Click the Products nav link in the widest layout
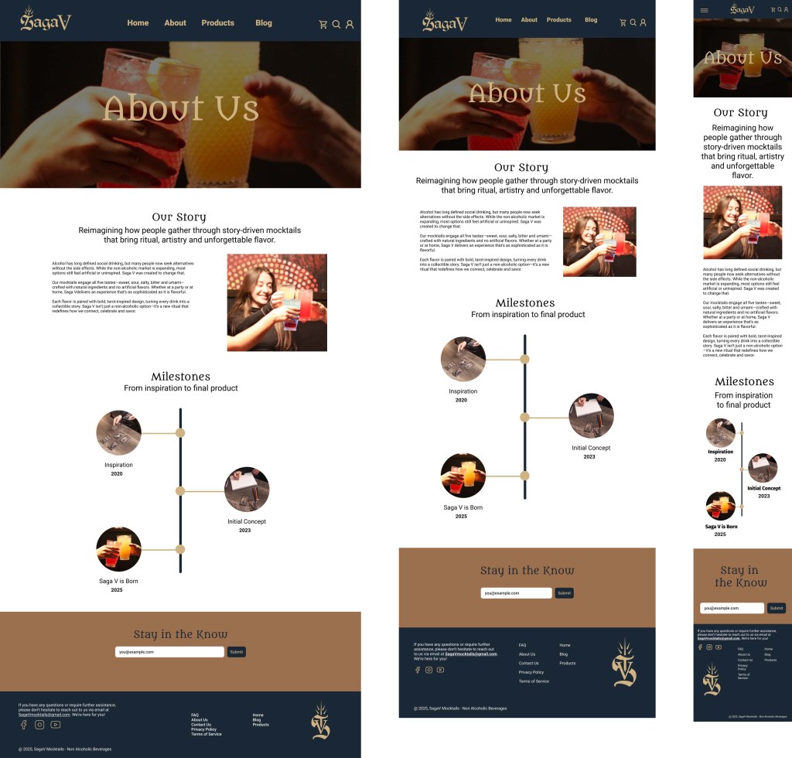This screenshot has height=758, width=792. tap(217, 23)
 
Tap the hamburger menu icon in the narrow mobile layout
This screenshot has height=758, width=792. tap(704, 10)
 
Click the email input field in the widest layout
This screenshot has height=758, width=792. tap(169, 652)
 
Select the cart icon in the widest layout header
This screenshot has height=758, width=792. tap(323, 25)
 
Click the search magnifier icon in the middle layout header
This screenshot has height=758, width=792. tap(633, 22)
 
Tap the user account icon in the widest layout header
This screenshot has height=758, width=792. tap(350, 25)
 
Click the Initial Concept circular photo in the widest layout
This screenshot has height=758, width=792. tap(247, 489)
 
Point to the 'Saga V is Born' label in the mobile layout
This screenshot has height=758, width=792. tap(721, 526)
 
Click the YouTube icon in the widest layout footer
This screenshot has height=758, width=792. tap(56, 725)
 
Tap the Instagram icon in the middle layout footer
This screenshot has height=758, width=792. tap(428, 670)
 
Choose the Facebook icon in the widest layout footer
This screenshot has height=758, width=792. tap(24, 725)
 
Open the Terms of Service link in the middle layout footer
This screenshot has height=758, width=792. tap(534, 681)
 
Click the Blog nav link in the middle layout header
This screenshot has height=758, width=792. tap(591, 20)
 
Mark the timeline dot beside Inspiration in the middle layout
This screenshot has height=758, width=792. tap(524, 359)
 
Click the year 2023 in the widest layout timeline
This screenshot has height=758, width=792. tap(245, 531)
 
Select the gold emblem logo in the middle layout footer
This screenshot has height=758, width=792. tap(624, 663)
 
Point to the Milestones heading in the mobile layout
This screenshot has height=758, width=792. tap(744, 381)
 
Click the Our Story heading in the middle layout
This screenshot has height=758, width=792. tap(521, 167)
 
